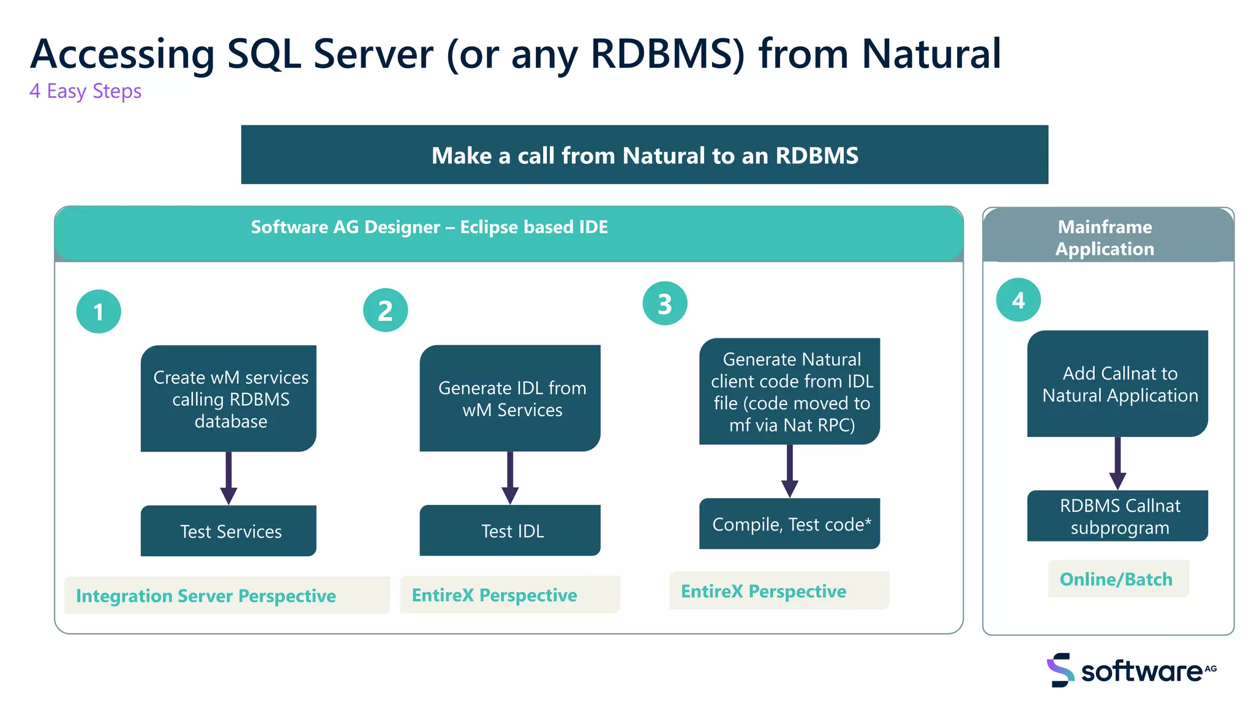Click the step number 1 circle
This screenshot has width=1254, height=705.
click(99, 311)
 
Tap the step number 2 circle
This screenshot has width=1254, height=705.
click(385, 310)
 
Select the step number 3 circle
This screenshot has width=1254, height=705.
click(665, 304)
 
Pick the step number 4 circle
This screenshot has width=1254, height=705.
click(1018, 300)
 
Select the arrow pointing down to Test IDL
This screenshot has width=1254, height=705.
click(510, 478)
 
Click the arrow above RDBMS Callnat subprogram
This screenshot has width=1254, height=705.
click(1117, 463)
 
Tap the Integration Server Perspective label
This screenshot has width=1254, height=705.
click(206, 595)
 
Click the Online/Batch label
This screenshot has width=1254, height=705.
click(1116, 579)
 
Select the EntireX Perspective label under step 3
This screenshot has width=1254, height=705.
click(764, 591)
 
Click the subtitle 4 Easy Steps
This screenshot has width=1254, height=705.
click(86, 91)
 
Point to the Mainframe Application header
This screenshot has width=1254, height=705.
click(1105, 237)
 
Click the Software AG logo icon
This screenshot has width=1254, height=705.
click(1060, 670)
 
